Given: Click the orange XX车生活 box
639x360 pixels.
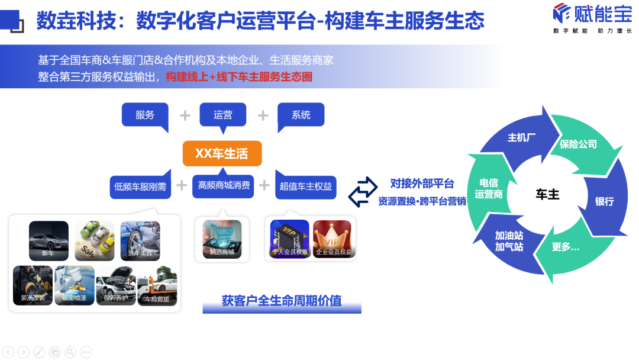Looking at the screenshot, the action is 222,153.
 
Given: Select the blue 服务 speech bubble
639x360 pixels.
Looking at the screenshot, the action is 145,115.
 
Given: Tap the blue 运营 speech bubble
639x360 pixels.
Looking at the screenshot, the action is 222,115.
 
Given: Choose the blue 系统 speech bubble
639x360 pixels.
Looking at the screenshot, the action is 301,115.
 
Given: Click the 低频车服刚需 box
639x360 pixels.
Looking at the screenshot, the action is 140,187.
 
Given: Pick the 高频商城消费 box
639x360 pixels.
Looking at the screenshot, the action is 223,185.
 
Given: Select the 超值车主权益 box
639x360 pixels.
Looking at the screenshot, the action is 305,187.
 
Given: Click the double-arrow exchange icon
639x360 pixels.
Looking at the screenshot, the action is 362,192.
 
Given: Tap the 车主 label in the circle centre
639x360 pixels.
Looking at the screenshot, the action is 547,194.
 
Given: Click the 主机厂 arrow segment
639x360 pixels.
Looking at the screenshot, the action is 521,137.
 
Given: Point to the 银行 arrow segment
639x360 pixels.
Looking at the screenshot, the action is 604,201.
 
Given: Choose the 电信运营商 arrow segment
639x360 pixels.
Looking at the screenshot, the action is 489,188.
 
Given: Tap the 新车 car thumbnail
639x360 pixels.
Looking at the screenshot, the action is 49,240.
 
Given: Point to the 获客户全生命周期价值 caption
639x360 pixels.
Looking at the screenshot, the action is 282,301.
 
